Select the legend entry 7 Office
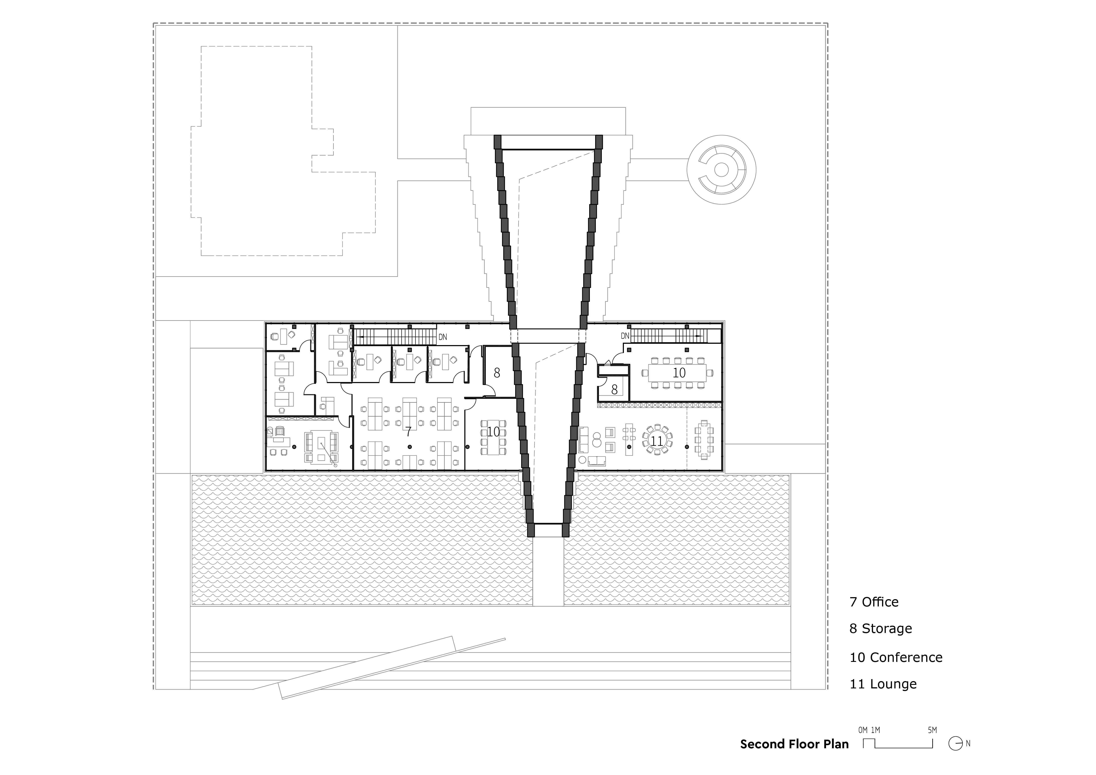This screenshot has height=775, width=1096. click(x=874, y=602)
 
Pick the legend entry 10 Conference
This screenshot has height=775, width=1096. click(x=896, y=658)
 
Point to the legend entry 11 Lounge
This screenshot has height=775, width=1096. click(x=883, y=684)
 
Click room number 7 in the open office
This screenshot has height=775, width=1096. click(x=409, y=432)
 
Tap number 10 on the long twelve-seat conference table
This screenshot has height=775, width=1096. click(x=679, y=373)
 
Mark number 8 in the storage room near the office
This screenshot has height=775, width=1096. click(x=497, y=373)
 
